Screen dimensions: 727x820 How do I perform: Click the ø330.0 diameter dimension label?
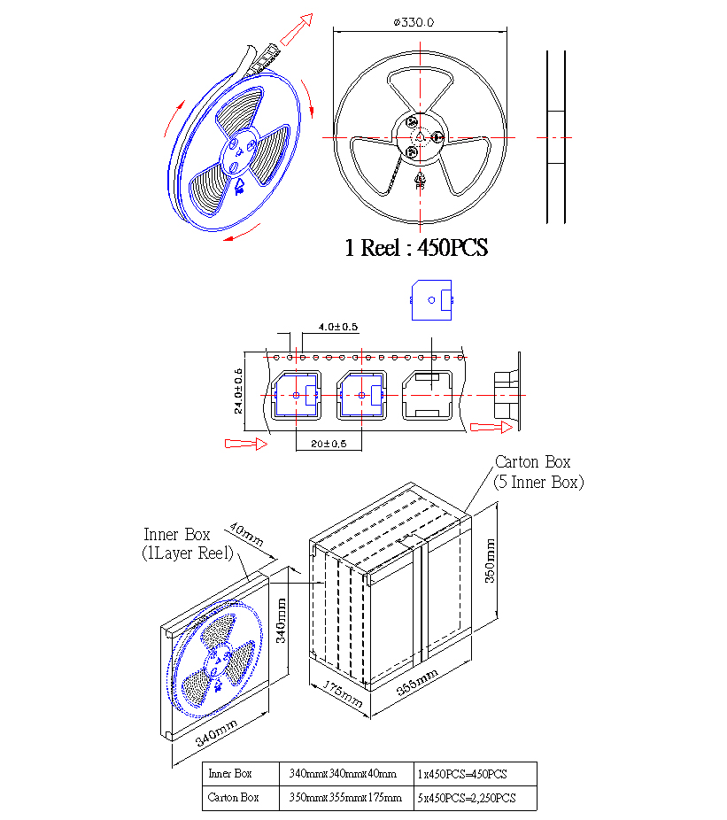(414, 22)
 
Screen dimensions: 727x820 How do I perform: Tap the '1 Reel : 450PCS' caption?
(416, 247)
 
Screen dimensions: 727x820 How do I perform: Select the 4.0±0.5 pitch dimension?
(338, 327)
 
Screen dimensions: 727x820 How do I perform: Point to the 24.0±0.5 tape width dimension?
(238, 391)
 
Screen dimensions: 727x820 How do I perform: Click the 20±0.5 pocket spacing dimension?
(329, 444)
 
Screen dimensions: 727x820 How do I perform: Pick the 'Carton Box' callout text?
(532, 461)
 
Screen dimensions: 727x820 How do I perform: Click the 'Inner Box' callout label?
(177, 535)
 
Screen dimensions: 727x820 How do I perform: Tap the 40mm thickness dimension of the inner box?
(246, 534)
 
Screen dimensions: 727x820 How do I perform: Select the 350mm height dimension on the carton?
(490, 561)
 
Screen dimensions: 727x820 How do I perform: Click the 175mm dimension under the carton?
(342, 694)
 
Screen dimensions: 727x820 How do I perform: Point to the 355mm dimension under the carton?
(417, 682)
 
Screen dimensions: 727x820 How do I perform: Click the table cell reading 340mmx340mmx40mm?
(343, 773)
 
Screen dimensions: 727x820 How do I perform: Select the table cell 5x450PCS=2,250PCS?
(467, 798)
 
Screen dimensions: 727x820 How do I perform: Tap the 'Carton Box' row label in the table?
(233, 798)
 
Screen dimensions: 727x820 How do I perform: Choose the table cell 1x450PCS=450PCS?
(462, 774)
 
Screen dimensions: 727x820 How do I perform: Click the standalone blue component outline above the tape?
(431, 300)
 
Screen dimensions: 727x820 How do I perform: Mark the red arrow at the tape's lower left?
(246, 444)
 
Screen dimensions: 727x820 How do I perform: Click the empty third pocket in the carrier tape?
(428, 395)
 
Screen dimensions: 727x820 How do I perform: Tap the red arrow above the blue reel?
(297, 29)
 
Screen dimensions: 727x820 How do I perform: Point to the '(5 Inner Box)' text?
(538, 482)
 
